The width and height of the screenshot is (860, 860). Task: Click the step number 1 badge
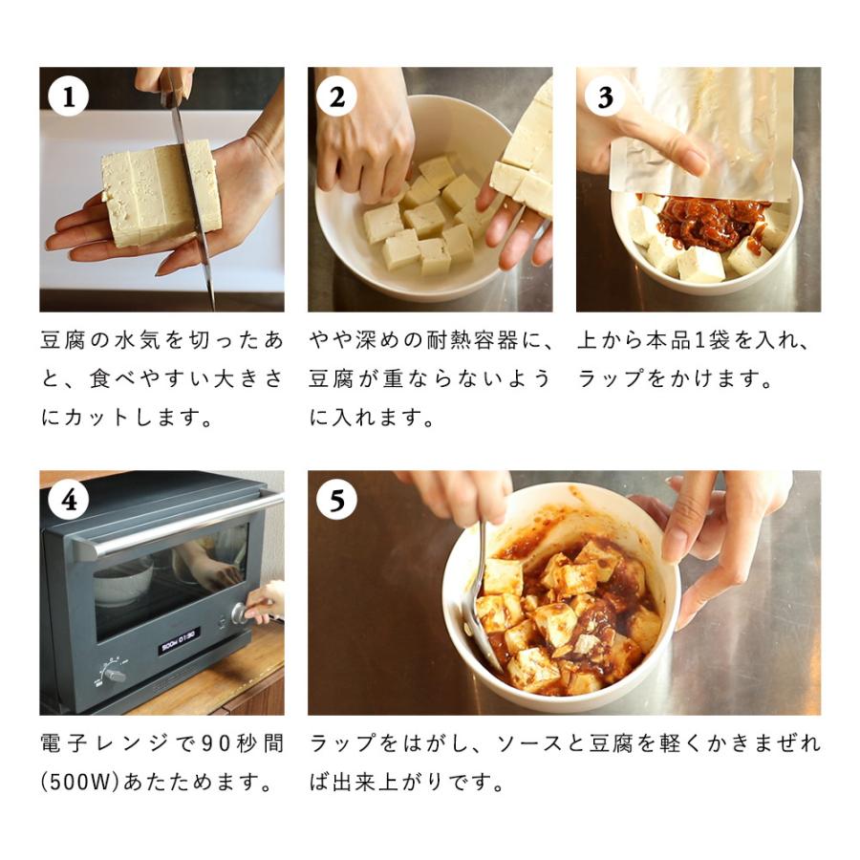tap(68, 97)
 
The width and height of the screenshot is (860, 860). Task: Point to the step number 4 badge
tap(68, 500)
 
